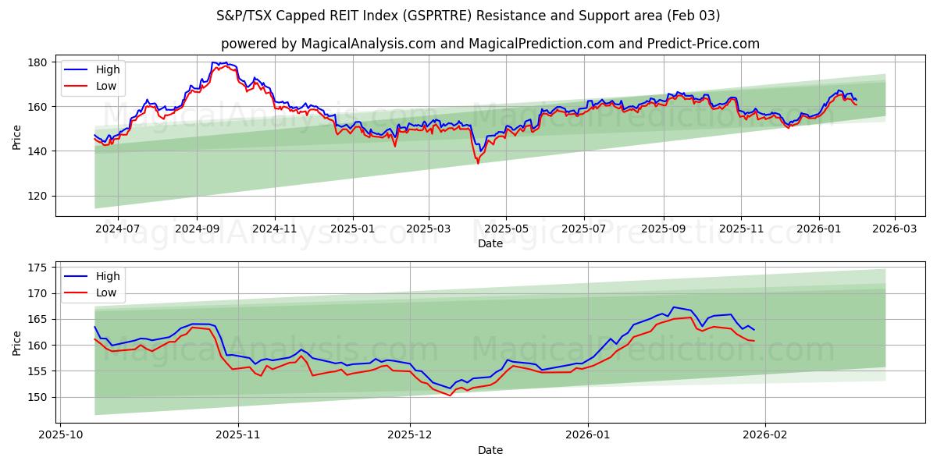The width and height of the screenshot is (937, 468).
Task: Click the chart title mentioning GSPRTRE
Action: [x=468, y=16]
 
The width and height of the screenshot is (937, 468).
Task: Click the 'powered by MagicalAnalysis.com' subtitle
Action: [x=490, y=44]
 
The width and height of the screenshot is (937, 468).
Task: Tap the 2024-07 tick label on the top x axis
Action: [x=118, y=229]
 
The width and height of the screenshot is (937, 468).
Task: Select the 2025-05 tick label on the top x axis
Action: [x=506, y=229]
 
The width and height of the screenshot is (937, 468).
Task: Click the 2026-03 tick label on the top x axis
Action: [x=895, y=229]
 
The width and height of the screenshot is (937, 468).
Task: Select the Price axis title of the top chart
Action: [x=17, y=137]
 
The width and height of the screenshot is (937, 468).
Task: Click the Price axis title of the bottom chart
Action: [x=17, y=343]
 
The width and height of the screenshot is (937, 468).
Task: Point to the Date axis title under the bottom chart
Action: [x=490, y=450]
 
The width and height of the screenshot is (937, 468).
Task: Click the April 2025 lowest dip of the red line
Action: [x=478, y=162]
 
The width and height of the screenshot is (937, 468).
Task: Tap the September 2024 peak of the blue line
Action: [x=215, y=62]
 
